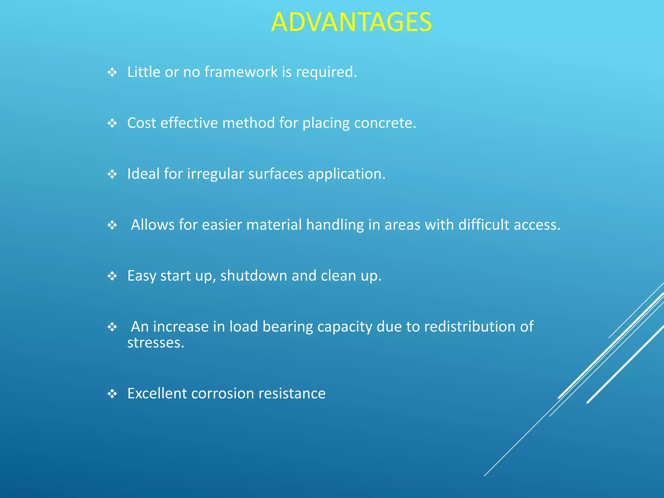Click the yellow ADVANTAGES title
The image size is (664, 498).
point(351,22)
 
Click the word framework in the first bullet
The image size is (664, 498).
point(241,72)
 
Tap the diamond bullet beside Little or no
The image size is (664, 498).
point(112,72)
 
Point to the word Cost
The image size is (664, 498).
point(141,123)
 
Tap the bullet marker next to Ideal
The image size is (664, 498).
point(112,174)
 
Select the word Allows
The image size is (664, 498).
point(152,225)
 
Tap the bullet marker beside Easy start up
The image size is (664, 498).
point(112,276)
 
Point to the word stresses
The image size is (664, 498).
point(156,343)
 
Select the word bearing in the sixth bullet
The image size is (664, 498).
point(288,327)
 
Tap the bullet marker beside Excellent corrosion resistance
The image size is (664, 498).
point(112,394)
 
